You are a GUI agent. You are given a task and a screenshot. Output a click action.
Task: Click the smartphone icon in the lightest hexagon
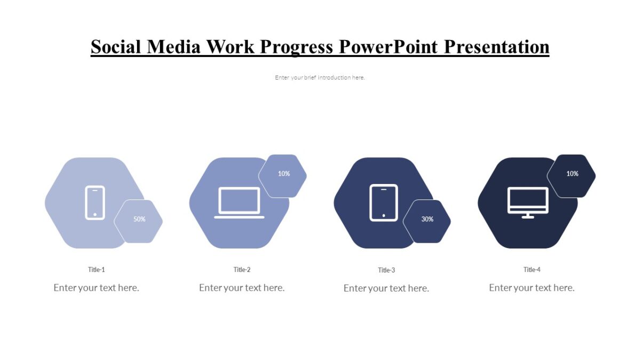(95, 203)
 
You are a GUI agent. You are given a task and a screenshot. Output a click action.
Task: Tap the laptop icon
(239, 203)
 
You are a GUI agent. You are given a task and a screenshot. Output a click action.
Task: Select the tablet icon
(384, 203)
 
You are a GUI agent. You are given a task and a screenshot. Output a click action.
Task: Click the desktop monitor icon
(527, 203)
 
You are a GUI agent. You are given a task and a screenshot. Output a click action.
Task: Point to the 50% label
(139, 219)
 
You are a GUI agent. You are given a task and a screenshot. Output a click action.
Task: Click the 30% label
(427, 219)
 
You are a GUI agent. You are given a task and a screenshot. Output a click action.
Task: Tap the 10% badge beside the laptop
(284, 174)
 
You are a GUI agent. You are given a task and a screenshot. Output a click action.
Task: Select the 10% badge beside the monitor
(572, 174)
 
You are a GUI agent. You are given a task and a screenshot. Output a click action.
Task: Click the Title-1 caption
(97, 270)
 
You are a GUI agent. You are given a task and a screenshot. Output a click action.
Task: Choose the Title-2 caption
(242, 270)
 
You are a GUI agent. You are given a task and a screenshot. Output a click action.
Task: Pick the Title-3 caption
(386, 270)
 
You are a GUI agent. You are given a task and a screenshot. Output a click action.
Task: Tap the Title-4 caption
(532, 270)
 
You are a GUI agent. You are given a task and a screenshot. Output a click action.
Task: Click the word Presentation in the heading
(497, 47)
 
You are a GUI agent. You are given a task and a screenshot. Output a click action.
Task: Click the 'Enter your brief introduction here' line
(320, 78)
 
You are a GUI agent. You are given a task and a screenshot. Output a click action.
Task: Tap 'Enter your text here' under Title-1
(97, 288)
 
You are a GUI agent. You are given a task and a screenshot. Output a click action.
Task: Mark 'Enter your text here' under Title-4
(532, 288)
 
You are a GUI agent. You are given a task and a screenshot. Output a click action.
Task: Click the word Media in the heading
(174, 47)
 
